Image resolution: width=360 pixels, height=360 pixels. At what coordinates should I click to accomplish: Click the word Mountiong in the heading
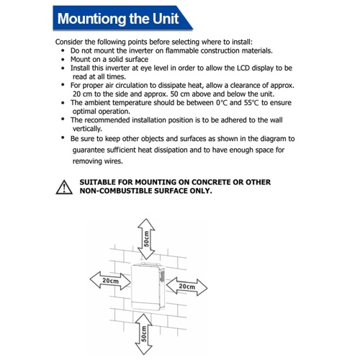coord(92,19)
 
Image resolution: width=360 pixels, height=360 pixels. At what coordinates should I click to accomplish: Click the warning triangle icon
coord(64,187)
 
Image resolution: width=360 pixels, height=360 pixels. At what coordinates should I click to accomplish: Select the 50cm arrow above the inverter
coord(146,239)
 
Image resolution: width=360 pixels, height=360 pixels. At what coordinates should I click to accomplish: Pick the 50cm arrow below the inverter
coord(143,334)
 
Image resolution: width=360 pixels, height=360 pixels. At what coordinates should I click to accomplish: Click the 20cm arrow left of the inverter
coord(110,280)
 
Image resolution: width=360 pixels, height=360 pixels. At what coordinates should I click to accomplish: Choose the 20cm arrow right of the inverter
coord(186,287)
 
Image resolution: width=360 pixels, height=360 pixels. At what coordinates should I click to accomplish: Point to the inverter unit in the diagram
coord(148,287)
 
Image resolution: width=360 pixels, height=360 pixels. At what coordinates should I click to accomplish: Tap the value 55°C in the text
coord(251,103)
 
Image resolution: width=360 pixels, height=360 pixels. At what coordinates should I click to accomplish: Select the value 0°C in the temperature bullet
coord(222,103)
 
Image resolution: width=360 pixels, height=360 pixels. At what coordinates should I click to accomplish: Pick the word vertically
coord(87,129)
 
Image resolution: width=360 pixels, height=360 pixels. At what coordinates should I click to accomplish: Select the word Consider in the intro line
coord(69,42)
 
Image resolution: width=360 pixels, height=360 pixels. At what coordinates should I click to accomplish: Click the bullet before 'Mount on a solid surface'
coord(63,60)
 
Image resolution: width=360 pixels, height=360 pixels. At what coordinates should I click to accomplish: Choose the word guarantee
coord(89,150)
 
